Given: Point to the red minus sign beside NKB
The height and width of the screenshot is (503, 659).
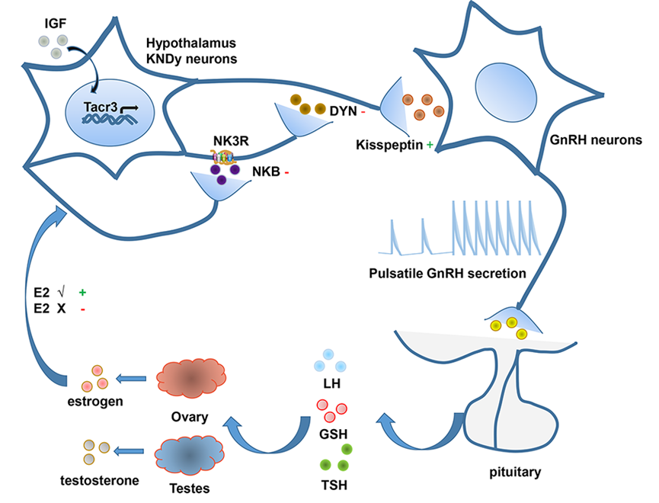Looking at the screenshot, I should (287, 171).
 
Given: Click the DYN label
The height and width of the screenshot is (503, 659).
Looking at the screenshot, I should (342, 111).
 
